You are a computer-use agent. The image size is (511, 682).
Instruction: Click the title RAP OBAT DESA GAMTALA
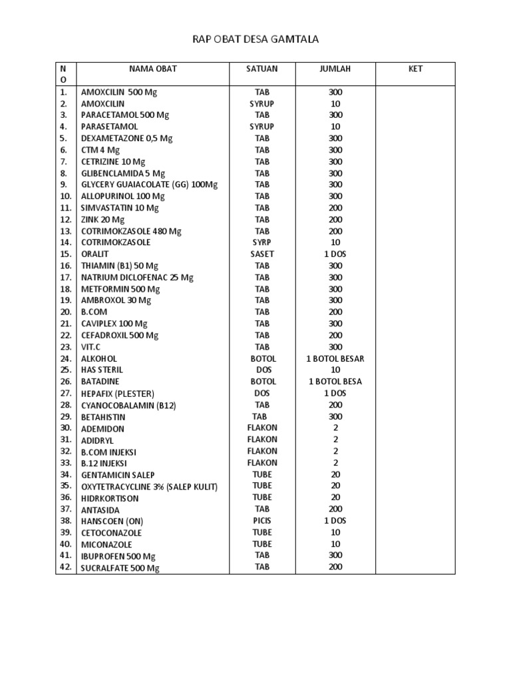point(255,39)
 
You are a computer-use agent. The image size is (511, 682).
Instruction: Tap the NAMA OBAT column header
point(153,69)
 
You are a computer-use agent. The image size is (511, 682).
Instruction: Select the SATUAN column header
point(262,69)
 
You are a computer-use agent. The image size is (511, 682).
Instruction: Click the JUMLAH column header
point(335,69)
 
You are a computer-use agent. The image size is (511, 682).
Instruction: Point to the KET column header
point(415,69)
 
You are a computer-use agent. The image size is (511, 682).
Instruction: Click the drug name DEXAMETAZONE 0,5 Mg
point(126,139)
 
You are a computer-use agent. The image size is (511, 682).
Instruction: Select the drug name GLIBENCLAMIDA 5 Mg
point(122,173)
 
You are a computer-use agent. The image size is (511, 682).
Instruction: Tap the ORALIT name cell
point(94,254)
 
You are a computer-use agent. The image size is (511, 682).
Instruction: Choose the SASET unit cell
point(262,254)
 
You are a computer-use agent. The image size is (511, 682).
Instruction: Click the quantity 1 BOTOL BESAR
point(335,359)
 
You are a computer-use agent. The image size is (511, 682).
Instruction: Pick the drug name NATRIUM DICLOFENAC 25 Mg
point(137,278)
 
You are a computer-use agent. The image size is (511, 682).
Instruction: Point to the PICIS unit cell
point(262,521)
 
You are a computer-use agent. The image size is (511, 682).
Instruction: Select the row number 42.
point(65,567)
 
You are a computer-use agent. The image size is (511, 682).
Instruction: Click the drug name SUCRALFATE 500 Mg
point(120,568)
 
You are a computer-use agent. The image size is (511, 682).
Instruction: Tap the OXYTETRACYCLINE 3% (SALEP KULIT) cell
point(150,487)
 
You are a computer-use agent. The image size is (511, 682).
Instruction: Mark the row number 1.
point(64,92)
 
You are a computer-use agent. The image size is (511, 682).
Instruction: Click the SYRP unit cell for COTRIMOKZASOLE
point(262,242)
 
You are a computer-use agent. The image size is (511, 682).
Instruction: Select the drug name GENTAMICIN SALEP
point(118,475)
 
